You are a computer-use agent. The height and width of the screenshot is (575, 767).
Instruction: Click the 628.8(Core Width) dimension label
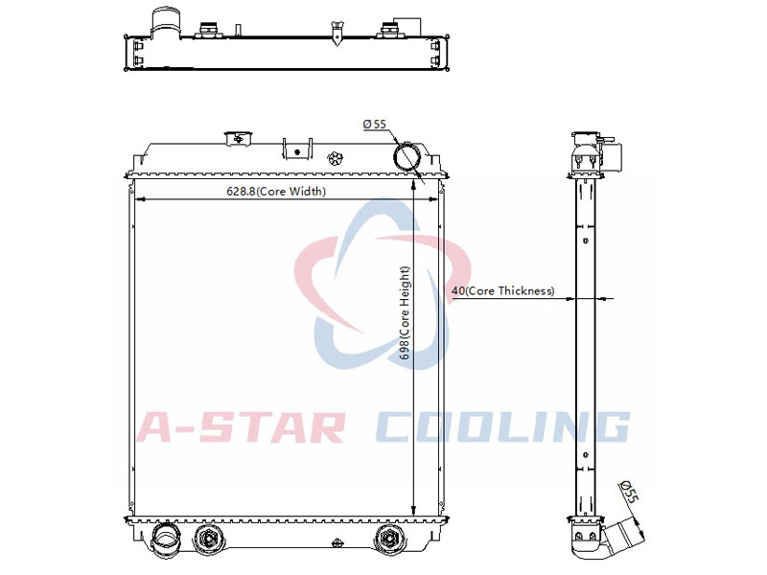click(x=276, y=191)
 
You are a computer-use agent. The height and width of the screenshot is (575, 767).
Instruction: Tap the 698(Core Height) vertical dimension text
click(x=405, y=313)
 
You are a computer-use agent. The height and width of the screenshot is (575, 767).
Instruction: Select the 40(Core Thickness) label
click(x=503, y=291)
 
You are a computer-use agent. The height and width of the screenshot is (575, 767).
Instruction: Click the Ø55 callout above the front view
click(x=374, y=125)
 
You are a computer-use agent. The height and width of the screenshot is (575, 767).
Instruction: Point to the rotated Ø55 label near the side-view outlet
click(x=630, y=492)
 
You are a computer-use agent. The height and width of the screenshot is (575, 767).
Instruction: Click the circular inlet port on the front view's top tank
click(x=407, y=156)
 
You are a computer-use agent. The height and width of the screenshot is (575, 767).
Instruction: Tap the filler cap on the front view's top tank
click(x=238, y=138)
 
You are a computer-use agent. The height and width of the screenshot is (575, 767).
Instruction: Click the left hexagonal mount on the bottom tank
click(x=209, y=539)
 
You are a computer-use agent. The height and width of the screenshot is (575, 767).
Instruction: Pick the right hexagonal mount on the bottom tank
click(x=390, y=539)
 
